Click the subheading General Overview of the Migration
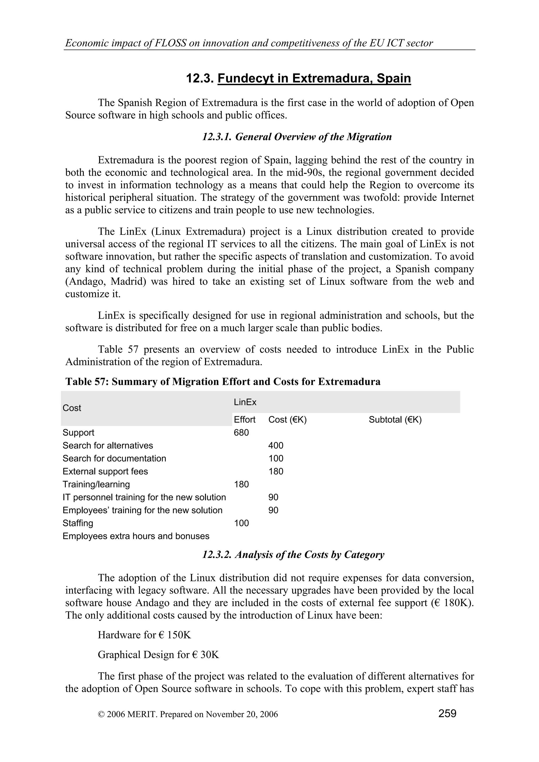coord(297,137)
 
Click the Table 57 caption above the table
coord(223,382)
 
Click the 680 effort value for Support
coord(241,433)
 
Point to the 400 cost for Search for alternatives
coord(276,445)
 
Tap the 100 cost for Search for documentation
coord(276,458)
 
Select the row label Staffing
coord(78,523)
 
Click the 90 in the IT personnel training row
coord(273,497)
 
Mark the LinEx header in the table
coord(245,402)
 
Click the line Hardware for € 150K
coord(144,635)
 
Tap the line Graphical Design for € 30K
coord(158,655)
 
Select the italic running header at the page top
coord(249,43)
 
